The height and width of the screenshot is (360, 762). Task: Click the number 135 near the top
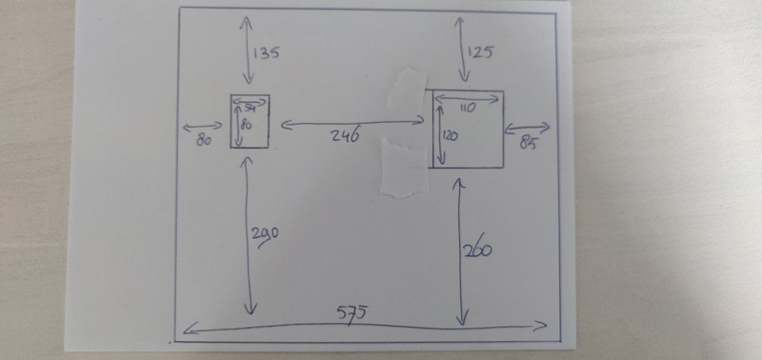pyautogui.click(x=267, y=53)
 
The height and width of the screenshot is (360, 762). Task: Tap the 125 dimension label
pyautogui.click(x=481, y=52)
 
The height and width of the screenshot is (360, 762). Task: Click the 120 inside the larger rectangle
pyautogui.click(x=451, y=136)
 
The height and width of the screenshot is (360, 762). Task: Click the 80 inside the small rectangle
pyautogui.click(x=246, y=125)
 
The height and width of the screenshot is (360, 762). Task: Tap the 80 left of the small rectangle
pyautogui.click(x=202, y=141)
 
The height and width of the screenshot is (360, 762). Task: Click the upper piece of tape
pyautogui.click(x=408, y=89)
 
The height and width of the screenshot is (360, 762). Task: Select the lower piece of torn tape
pyautogui.click(x=402, y=167)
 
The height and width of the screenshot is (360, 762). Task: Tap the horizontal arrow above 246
pyautogui.click(x=351, y=121)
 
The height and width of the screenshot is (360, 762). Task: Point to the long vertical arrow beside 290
pyautogui.click(x=250, y=237)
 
